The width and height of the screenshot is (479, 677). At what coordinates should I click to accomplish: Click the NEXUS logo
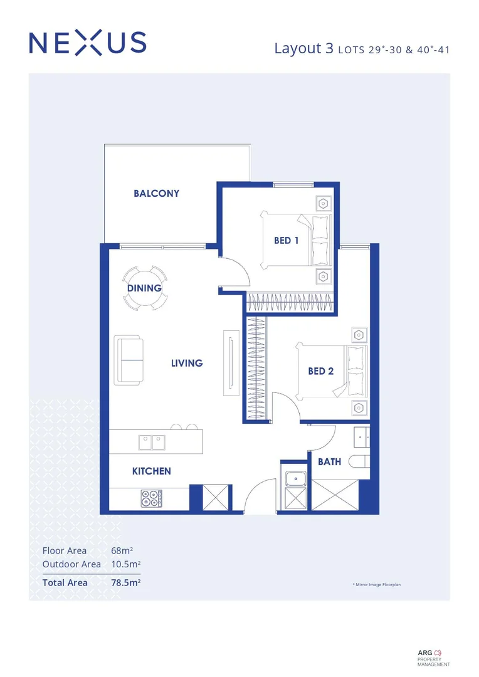click(88, 43)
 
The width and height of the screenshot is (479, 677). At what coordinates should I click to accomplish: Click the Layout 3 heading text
click(303, 49)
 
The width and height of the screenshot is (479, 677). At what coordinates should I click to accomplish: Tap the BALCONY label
click(156, 193)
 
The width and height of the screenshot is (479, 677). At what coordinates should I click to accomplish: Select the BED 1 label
click(286, 240)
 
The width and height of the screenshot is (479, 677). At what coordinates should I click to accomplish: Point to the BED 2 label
click(320, 371)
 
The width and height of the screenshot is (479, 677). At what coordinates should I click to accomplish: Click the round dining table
click(145, 288)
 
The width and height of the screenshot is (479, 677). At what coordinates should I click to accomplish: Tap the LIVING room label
click(187, 363)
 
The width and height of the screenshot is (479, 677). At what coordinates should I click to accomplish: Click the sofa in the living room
click(129, 361)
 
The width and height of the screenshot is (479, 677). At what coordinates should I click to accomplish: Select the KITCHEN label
click(151, 471)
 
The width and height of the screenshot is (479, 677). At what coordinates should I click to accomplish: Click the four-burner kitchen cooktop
click(151, 498)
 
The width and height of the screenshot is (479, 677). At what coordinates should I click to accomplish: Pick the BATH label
click(329, 462)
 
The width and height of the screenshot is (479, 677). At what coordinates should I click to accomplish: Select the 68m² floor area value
click(122, 551)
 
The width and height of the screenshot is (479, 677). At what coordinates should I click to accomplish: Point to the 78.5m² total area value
click(125, 582)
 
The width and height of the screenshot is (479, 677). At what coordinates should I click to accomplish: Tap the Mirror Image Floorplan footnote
click(376, 584)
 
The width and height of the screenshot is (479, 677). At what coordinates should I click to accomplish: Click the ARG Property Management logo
click(433, 656)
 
